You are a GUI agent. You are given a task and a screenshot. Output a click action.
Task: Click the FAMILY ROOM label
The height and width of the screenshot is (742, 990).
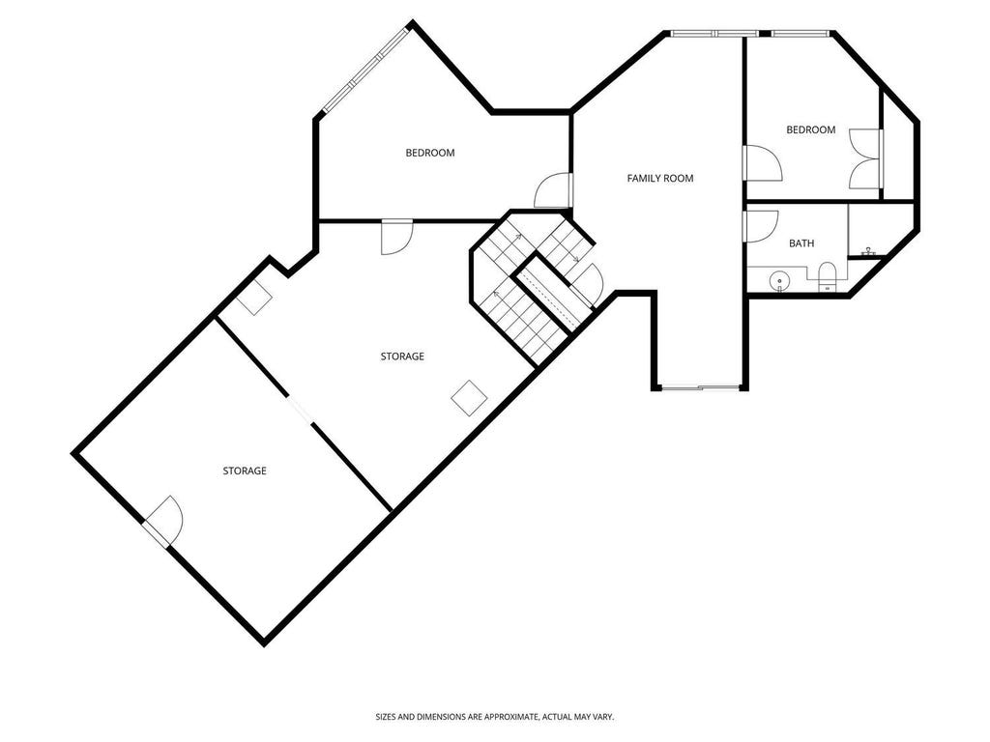659,179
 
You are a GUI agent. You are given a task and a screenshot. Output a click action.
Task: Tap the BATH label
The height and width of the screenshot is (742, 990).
801,243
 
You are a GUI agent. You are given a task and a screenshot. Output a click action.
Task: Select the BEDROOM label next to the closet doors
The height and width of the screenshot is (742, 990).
811,130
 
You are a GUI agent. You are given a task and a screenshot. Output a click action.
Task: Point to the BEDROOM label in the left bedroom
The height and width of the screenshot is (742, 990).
430,153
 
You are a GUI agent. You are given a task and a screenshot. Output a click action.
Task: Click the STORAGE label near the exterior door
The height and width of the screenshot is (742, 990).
245,471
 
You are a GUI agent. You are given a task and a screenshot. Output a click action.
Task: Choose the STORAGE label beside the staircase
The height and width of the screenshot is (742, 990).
402,357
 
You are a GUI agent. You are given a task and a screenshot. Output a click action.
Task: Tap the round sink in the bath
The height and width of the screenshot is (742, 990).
780,280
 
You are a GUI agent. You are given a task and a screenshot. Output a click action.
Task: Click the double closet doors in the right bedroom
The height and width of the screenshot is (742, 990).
866,159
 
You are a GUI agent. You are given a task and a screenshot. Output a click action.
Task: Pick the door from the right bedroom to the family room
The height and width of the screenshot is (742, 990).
762,163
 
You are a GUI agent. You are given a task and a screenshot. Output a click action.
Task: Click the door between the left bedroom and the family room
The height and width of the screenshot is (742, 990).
554,190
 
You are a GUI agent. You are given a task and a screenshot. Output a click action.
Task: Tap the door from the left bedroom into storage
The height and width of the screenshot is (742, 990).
397,238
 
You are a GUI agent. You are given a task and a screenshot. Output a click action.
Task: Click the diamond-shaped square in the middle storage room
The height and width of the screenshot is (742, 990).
469,397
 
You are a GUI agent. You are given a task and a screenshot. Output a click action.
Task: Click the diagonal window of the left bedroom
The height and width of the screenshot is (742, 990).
365,70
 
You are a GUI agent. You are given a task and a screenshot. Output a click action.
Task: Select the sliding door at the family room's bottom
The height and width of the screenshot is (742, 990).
699,387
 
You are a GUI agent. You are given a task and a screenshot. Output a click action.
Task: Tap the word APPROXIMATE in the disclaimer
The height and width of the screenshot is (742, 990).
503,717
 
